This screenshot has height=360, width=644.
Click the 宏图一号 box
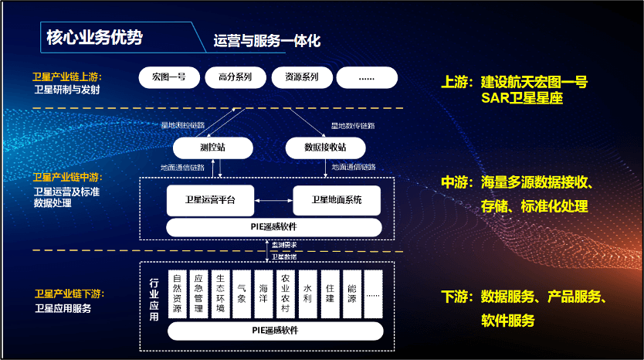click(x=169, y=78)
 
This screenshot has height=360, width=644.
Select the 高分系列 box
click(x=235, y=78)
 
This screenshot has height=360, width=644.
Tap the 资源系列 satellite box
click(x=301, y=78)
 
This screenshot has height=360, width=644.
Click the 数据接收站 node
click(x=325, y=147)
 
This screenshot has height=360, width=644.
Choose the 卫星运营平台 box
click(x=211, y=201)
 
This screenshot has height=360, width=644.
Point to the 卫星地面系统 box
click(x=337, y=201)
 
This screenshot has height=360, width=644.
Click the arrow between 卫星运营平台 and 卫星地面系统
click(x=274, y=201)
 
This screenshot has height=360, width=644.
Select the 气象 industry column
click(x=242, y=293)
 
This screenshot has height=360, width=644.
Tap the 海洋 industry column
click(x=264, y=293)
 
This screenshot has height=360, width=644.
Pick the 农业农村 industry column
click(x=286, y=293)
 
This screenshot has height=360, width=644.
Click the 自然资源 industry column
click(x=177, y=293)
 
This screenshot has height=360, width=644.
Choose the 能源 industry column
click(x=351, y=293)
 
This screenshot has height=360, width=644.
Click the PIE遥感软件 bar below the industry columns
click(x=275, y=331)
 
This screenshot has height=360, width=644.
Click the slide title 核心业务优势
click(x=94, y=37)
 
